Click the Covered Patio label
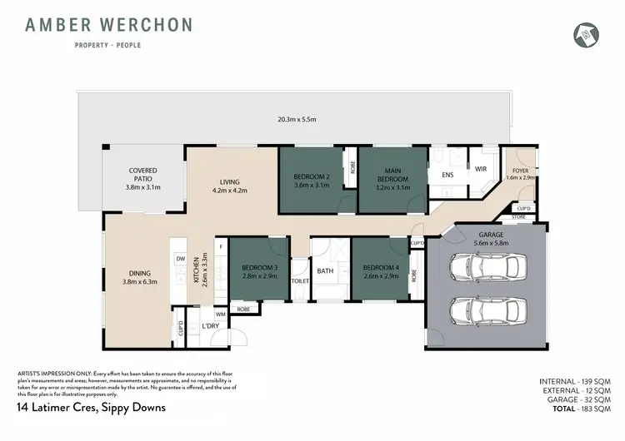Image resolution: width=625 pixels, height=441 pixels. tap(142, 179)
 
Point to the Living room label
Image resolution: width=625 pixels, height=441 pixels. tap(229, 186)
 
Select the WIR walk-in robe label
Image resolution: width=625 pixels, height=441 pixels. tap(480, 169)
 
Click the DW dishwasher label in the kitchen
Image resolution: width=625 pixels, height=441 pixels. tap(179, 259)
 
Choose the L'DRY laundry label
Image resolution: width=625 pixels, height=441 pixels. tap(211, 327)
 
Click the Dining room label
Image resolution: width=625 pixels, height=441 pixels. tap(139, 277)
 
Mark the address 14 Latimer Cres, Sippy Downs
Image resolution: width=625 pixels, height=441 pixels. tap(92, 408)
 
